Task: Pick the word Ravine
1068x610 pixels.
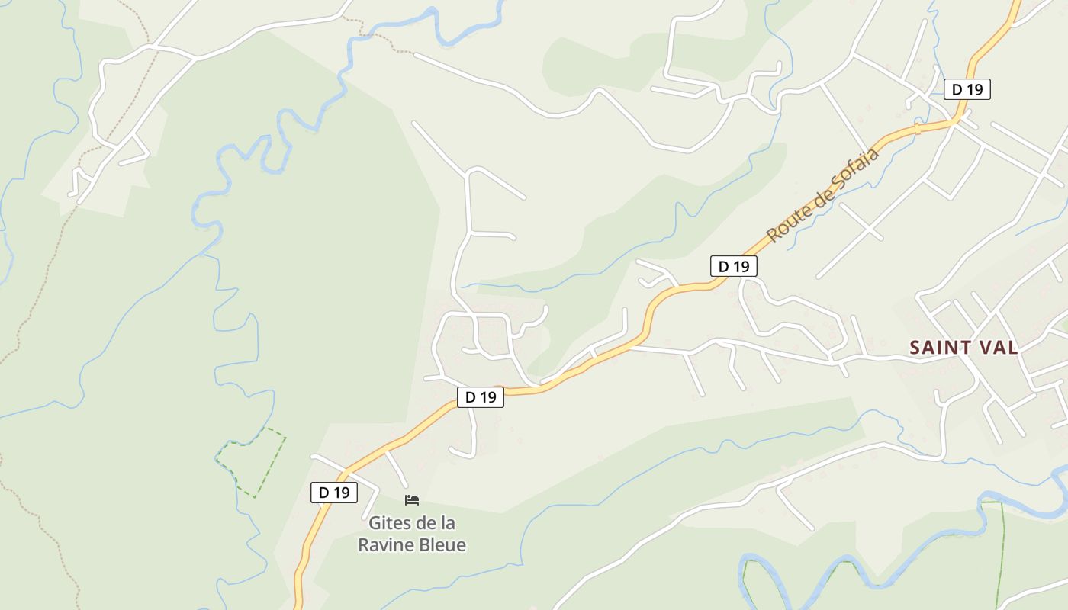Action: (385, 545)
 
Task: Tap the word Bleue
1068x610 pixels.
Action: (442, 545)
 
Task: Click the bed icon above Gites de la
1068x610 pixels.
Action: (412, 500)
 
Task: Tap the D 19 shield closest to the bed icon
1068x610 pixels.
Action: (334, 493)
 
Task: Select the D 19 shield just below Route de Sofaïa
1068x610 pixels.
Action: (734, 266)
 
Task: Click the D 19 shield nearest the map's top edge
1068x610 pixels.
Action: (967, 89)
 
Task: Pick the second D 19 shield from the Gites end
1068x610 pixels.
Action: (481, 396)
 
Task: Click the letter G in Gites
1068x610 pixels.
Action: (375, 524)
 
